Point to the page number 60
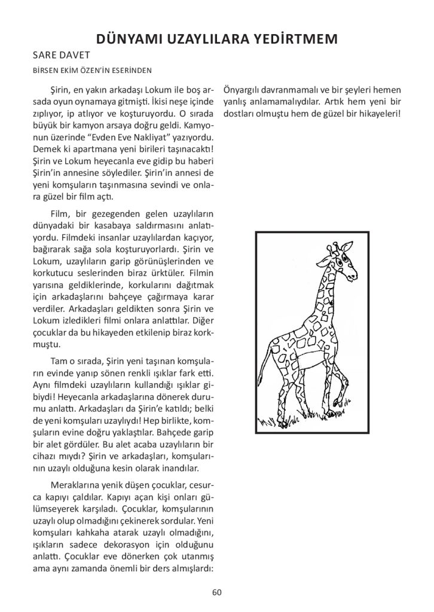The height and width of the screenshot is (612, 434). tap(216, 592)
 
